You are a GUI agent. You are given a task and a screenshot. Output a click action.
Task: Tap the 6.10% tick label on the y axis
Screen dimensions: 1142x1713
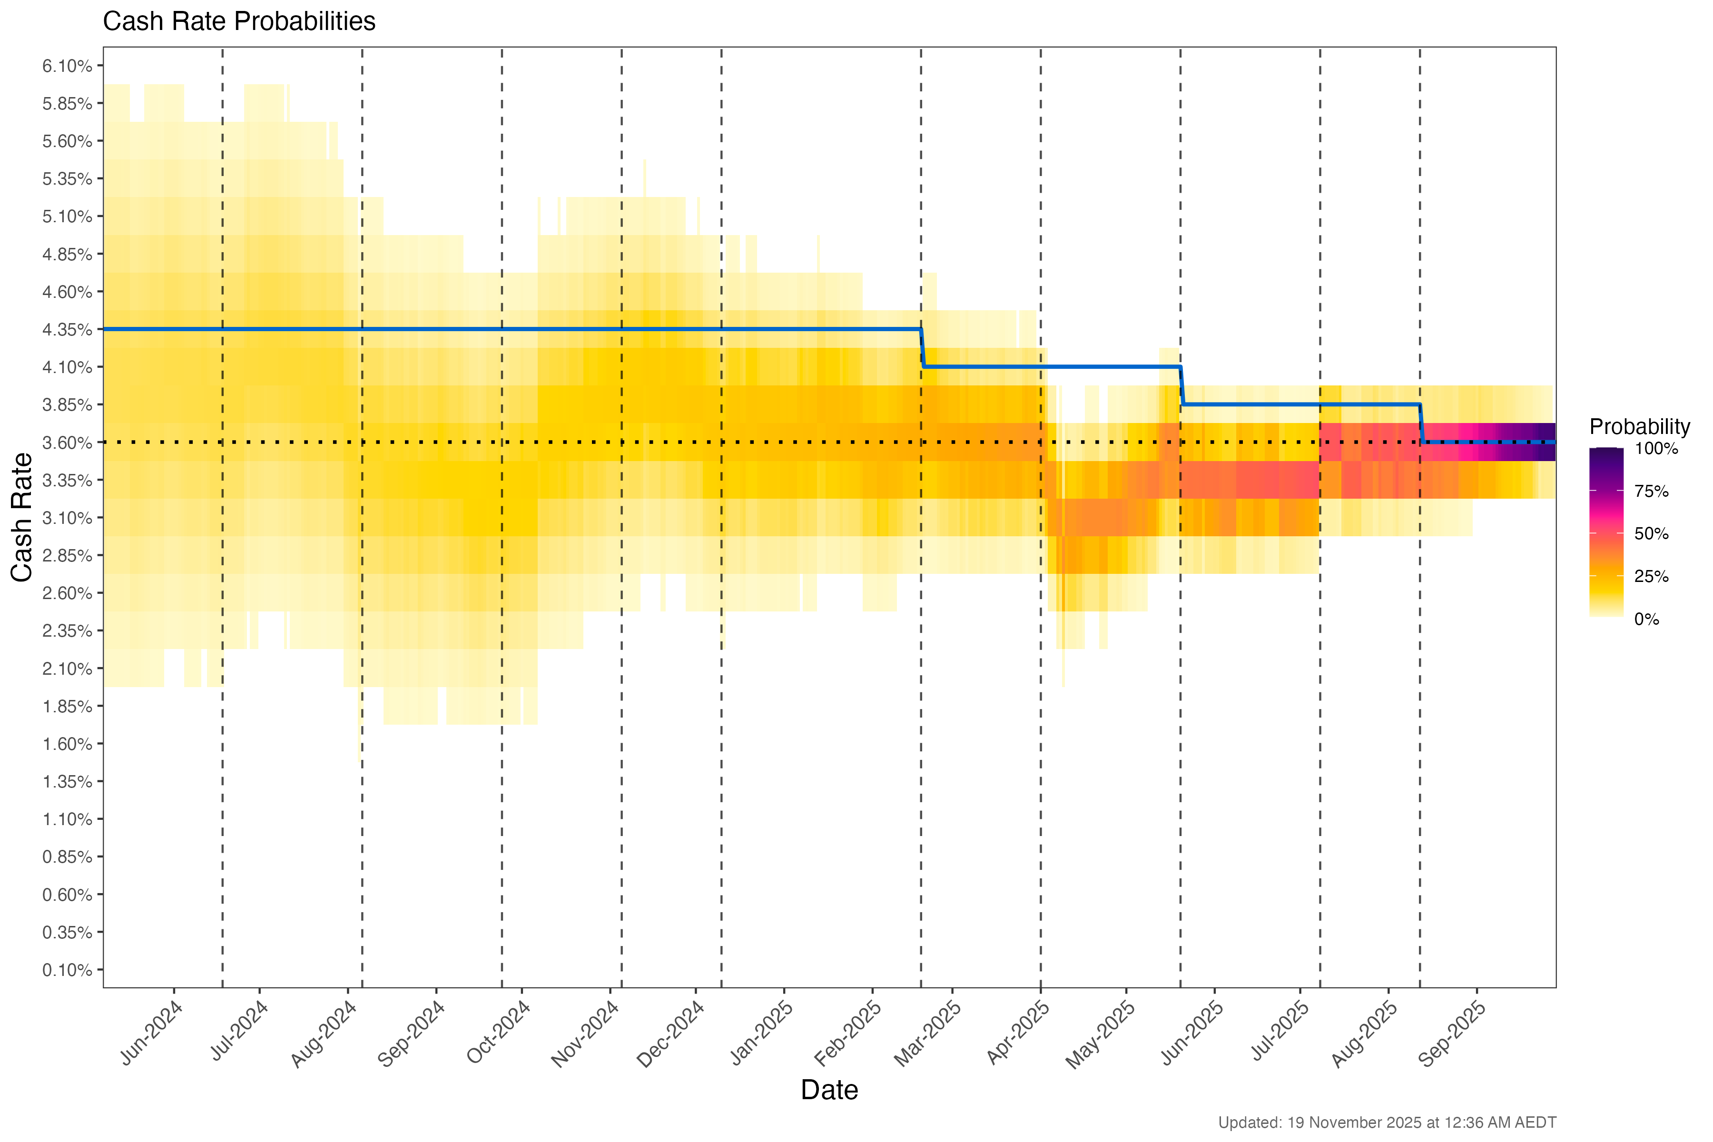(x=67, y=66)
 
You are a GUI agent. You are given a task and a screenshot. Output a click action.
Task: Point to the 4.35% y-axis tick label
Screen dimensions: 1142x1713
(x=67, y=329)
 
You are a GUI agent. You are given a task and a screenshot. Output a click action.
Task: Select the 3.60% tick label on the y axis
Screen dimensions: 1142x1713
(x=67, y=443)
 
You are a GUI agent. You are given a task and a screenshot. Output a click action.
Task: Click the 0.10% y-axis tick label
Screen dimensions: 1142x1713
(x=67, y=970)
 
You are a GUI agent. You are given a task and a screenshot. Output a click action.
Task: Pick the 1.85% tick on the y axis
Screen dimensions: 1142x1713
(x=67, y=707)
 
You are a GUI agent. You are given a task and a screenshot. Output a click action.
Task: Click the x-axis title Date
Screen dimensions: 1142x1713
(x=829, y=1090)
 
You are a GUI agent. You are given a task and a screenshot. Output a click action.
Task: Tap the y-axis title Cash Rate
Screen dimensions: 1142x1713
(x=22, y=517)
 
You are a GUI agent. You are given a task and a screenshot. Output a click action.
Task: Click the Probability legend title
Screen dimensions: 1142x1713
(x=1639, y=427)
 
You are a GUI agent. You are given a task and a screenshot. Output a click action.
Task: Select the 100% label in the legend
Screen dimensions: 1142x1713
(x=1656, y=449)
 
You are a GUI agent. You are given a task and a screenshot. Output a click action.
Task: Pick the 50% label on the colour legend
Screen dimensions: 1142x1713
(x=1651, y=534)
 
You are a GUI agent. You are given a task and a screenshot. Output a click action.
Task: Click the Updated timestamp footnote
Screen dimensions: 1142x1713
(x=1387, y=1122)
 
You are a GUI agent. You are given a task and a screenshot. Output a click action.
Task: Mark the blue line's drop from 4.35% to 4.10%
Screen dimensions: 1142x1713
(x=922, y=348)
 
